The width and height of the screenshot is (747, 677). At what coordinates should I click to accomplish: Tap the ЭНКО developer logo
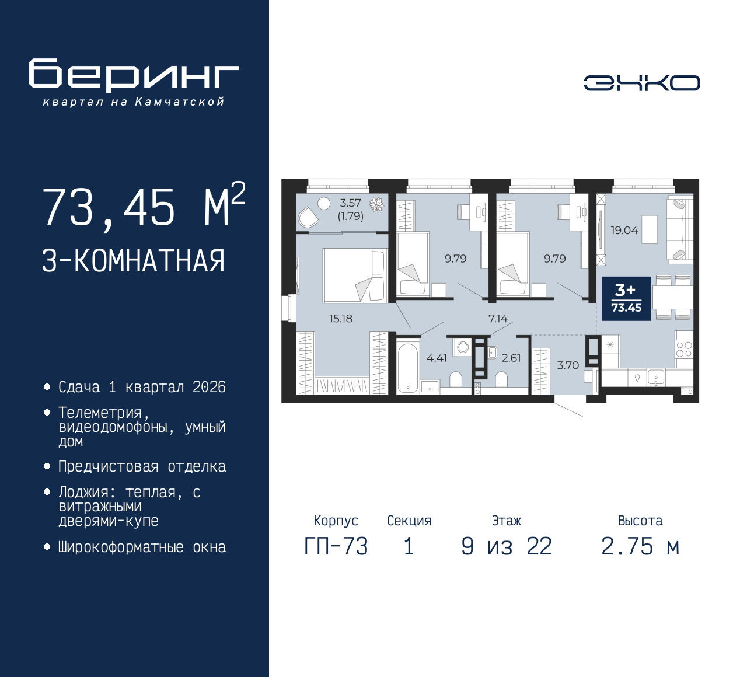tap(641, 83)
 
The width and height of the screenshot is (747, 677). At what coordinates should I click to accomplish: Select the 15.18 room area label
tap(340, 319)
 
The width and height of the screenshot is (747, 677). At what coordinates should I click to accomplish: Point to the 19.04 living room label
tap(624, 231)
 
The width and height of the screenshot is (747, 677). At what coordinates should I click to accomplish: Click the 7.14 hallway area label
tap(498, 319)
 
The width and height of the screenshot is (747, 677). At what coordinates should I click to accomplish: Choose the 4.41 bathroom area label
tap(437, 358)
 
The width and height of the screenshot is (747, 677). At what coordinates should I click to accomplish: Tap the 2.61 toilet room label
tap(511, 358)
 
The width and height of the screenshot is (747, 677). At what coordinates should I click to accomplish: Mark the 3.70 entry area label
tap(568, 365)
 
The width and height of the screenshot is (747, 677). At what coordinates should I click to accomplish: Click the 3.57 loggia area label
tap(350, 203)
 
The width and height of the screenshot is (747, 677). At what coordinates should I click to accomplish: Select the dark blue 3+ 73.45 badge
tap(626, 299)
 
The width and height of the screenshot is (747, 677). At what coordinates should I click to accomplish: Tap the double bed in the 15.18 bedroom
tap(354, 275)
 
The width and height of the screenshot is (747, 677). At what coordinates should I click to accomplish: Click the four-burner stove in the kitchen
tap(684, 350)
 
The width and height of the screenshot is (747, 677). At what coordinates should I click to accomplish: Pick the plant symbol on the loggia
tap(376, 204)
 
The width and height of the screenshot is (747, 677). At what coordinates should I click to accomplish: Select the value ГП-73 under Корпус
tap(336, 547)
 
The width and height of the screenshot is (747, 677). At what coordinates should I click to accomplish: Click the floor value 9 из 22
tap(507, 547)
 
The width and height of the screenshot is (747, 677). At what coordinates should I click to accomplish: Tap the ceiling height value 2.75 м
tap(640, 547)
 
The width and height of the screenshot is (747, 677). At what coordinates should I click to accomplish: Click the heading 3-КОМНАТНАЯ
tap(133, 261)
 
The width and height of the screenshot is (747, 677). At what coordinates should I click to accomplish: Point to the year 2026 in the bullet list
tap(209, 388)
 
